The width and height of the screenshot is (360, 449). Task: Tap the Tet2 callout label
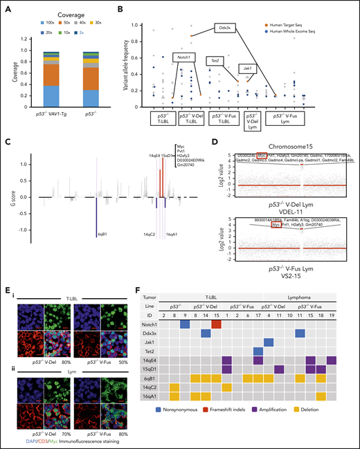tap(219, 61)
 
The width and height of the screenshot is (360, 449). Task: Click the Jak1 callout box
tap(247, 68)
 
